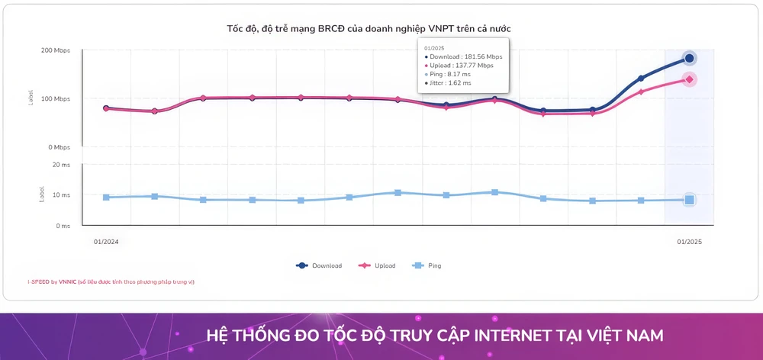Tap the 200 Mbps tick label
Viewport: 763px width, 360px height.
56,50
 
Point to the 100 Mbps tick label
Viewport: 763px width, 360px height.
56,99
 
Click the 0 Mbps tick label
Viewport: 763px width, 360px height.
58,147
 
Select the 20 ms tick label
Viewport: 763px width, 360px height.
61,164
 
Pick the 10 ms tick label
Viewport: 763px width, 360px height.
61,195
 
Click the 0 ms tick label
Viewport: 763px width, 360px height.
63,226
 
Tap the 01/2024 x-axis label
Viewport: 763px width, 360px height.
106,242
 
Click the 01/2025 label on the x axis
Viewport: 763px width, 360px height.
689,242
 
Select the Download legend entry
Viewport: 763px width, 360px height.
319,265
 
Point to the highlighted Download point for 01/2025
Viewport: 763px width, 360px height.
689,58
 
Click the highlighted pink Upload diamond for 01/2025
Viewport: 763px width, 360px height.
689,79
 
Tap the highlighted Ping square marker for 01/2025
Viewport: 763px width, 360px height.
689,200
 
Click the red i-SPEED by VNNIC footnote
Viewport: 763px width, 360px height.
111,281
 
